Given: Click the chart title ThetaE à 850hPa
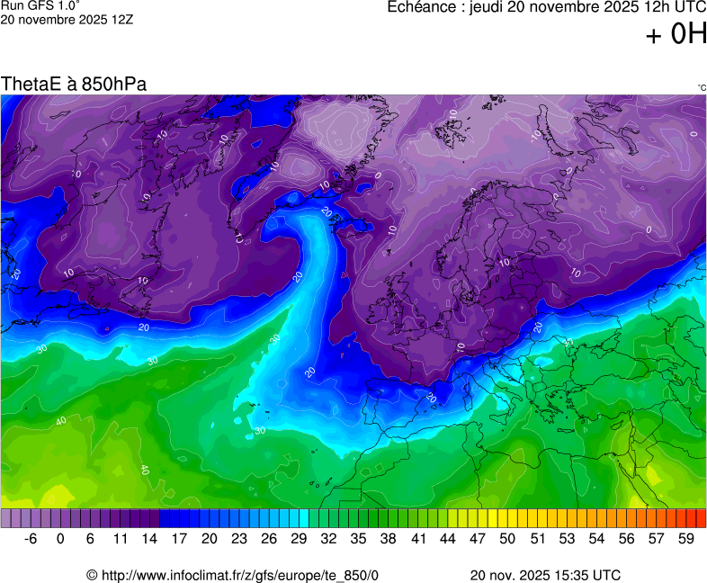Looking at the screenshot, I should point(74,84).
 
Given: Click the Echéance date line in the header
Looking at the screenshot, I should point(546,8).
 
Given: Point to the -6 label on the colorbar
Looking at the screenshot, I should point(30,539).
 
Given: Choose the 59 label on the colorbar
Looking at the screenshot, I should point(686,539).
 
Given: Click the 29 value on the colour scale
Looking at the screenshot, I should point(298,539).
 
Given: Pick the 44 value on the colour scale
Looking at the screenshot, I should point(447,539).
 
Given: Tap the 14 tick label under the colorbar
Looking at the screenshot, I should point(149,539).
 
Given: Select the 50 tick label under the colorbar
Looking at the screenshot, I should point(507,539).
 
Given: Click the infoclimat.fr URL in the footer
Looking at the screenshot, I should point(238,575).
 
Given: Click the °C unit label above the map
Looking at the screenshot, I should point(701,87).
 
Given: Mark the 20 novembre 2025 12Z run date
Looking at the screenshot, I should point(67,19).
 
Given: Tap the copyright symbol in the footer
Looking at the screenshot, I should point(92,575).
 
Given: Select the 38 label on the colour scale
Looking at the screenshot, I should point(388,539).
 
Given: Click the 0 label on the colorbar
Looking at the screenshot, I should point(60,539).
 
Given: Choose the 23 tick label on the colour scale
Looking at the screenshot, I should point(238,539).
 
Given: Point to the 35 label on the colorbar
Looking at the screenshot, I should point(358,539).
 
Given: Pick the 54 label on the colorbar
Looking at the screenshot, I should point(596,539).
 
